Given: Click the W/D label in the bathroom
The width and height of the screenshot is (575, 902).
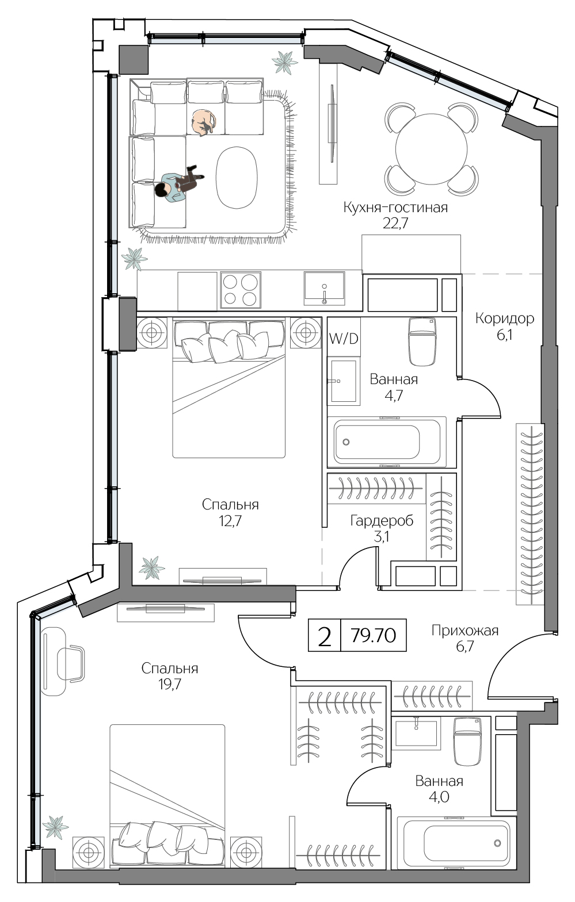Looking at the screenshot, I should point(343,339).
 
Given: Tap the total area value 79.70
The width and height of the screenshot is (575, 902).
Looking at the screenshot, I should point(373,635).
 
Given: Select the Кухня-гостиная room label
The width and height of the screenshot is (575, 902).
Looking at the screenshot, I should point(395,208).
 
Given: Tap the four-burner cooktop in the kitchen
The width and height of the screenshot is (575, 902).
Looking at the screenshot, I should point(240,290).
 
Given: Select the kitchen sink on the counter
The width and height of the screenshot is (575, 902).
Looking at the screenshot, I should point(324,289).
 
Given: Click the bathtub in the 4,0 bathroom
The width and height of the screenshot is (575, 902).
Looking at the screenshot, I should point(456,843).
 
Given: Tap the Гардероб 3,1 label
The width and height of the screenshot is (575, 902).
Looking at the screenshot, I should point(382,528).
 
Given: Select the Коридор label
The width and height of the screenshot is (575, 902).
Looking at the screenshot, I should point(504,318).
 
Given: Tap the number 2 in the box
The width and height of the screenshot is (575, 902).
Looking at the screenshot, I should point(325,636).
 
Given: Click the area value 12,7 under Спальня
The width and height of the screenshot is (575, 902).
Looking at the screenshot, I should point(230,521).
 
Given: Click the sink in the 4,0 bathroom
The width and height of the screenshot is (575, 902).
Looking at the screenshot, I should point(416,732).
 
